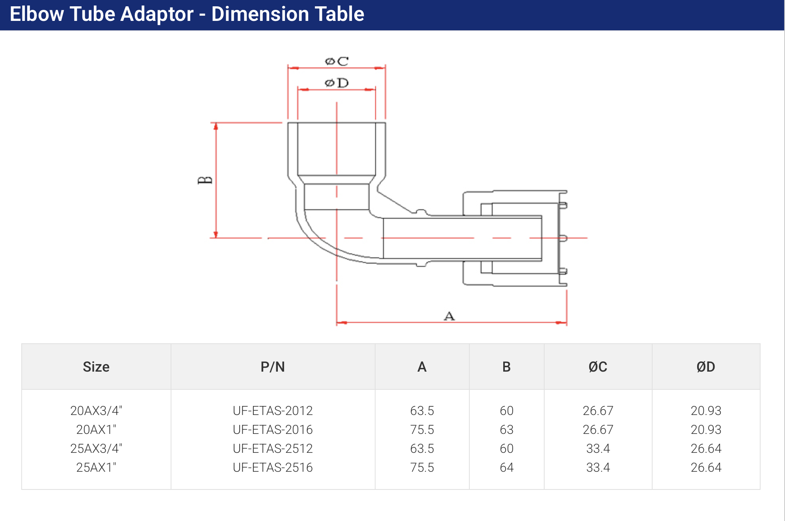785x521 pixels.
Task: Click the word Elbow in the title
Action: [36, 14]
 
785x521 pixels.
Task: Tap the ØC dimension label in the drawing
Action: [337, 61]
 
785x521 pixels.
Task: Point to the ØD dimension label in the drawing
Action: [337, 83]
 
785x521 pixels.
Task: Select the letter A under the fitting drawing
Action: [449, 316]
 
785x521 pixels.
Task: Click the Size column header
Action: [96, 367]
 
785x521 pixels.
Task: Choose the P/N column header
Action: [273, 367]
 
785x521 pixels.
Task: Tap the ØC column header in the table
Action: [598, 367]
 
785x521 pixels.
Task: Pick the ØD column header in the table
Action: [706, 367]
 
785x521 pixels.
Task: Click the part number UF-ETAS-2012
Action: [273, 411]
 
